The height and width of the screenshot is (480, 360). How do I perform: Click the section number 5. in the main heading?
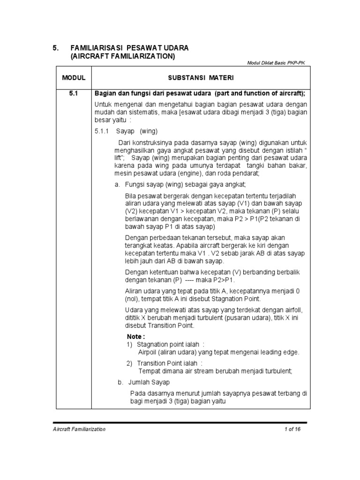pyautogui.click(x=55, y=48)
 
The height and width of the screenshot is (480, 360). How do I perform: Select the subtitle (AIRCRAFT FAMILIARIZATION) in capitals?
pyautogui.click(x=122, y=56)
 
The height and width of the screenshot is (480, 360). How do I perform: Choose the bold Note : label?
pyautogui.click(x=136, y=337)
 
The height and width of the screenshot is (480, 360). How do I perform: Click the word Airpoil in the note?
pyautogui.click(x=149, y=352)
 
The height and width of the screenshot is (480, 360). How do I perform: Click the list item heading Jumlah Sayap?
pyautogui.click(x=150, y=382)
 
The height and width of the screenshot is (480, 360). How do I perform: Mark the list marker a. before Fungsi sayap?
pyautogui.click(x=118, y=184)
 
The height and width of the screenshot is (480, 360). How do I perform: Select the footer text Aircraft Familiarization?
pyautogui.click(x=79, y=429)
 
